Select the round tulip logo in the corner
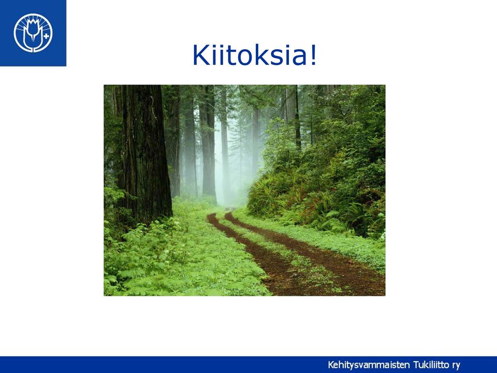click(33, 33)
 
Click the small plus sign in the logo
click(46, 36)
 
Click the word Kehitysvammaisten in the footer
click(369, 365)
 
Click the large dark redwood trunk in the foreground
click(146, 152)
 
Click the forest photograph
click(244, 190)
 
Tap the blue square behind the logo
click(33, 33)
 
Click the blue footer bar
click(248, 364)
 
